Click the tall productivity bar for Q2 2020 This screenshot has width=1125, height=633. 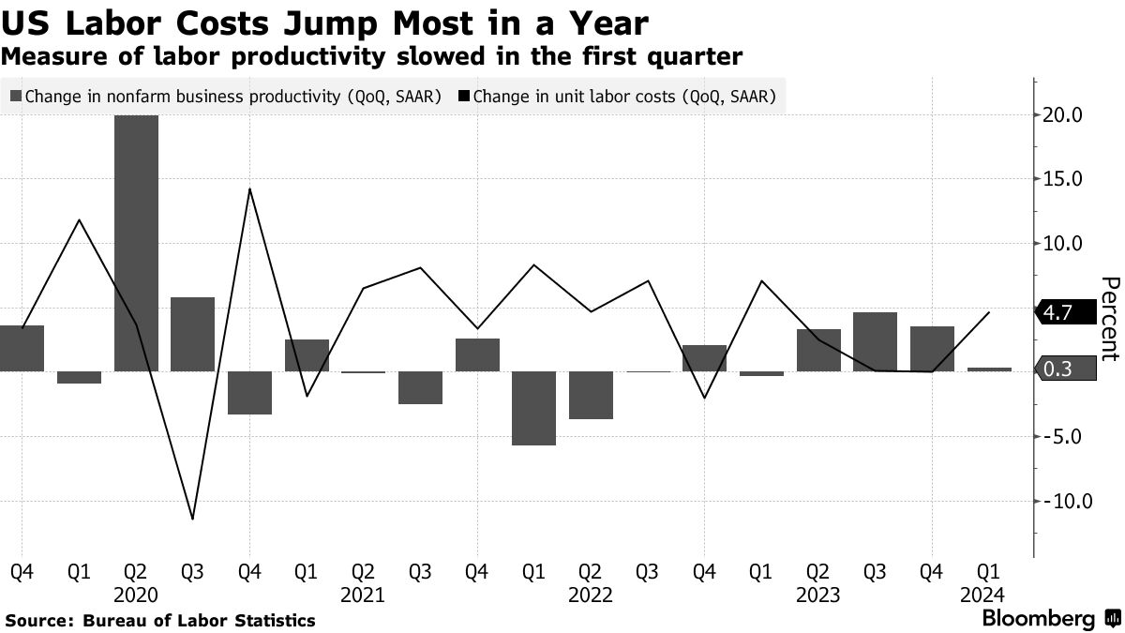[x=136, y=244]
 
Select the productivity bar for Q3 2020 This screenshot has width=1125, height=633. [x=192, y=335]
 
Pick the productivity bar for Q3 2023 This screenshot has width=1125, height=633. [x=876, y=341]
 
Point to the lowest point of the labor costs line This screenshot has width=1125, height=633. [x=192, y=519]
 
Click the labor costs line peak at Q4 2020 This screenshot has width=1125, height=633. [x=249, y=189]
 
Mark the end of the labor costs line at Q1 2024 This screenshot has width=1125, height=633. [x=989, y=312]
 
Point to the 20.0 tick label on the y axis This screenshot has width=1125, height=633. [x=1064, y=115]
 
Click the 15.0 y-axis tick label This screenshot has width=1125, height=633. [x=1064, y=179]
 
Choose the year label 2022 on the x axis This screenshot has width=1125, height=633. [x=590, y=595]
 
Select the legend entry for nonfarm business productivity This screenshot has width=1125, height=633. [x=225, y=96]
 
